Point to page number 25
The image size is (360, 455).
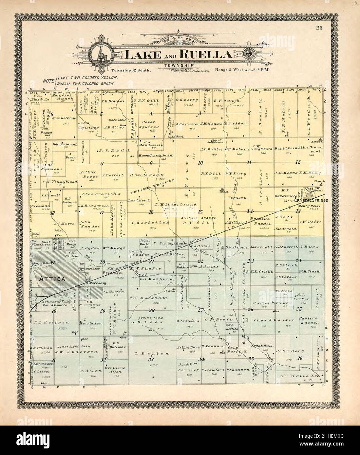click(319, 28)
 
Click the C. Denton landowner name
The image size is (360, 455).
click(151, 354)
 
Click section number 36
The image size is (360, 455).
click(299, 358)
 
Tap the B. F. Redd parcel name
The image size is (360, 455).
click(110, 151)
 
